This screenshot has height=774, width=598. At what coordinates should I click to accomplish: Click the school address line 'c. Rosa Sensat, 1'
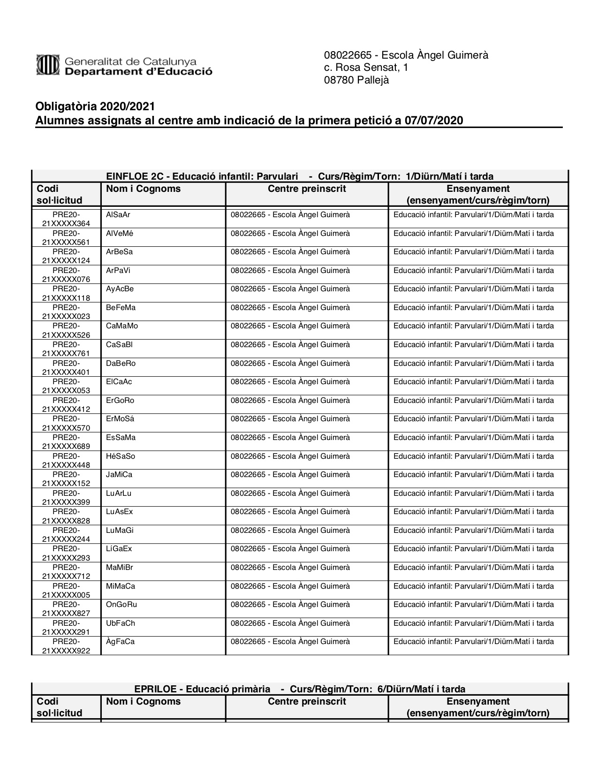366,68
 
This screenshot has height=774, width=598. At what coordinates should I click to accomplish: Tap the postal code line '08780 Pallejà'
356,80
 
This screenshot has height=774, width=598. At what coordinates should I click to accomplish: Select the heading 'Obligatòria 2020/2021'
95,108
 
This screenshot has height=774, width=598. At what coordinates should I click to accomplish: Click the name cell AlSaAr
118,215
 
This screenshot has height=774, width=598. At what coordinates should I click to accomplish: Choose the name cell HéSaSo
121,456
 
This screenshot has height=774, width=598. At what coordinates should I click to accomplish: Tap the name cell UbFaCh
121,623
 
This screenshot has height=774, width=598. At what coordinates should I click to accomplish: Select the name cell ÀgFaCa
121,642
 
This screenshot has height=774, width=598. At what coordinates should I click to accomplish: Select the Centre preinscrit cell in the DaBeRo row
290,364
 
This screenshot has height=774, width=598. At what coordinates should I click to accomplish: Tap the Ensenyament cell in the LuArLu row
474,493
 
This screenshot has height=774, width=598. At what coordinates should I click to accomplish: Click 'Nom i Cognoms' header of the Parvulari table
144,189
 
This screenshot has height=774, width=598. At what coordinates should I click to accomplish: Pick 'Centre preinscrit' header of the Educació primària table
307,702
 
